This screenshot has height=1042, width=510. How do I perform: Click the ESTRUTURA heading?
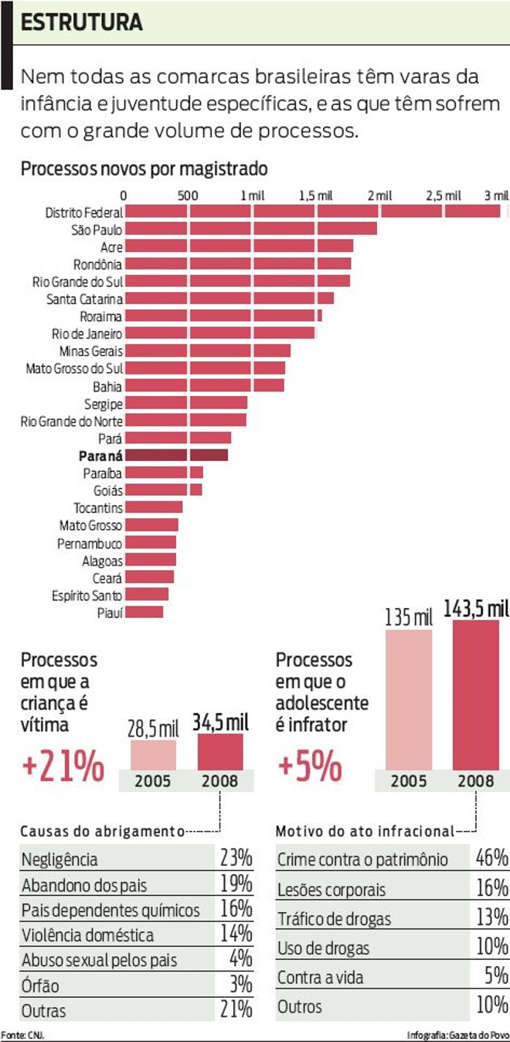pyautogui.click(x=82, y=22)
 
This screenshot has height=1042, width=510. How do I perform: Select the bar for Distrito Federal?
pyautogui.click(x=312, y=211)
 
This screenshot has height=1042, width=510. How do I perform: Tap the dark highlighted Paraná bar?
pyautogui.click(x=176, y=455)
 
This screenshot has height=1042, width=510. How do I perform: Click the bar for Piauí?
pyautogui.click(x=144, y=612)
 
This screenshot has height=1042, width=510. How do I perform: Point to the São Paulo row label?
pyautogui.click(x=97, y=229)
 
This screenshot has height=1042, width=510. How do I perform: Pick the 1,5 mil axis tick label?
pyautogui.click(x=315, y=196)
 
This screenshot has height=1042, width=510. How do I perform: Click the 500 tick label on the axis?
pyautogui.click(x=189, y=196)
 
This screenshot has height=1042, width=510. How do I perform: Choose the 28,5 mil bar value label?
pyautogui.click(x=154, y=728)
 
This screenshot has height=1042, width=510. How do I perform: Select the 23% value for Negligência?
pyautogui.click(x=235, y=858)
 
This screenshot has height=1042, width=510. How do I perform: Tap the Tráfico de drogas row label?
pyautogui.click(x=334, y=920)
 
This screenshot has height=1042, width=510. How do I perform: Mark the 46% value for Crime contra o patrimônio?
pyautogui.click(x=491, y=858)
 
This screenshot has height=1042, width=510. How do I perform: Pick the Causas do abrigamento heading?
pyautogui.click(x=102, y=832)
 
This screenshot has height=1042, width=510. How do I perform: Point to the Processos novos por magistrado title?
pyautogui.click(x=144, y=168)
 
